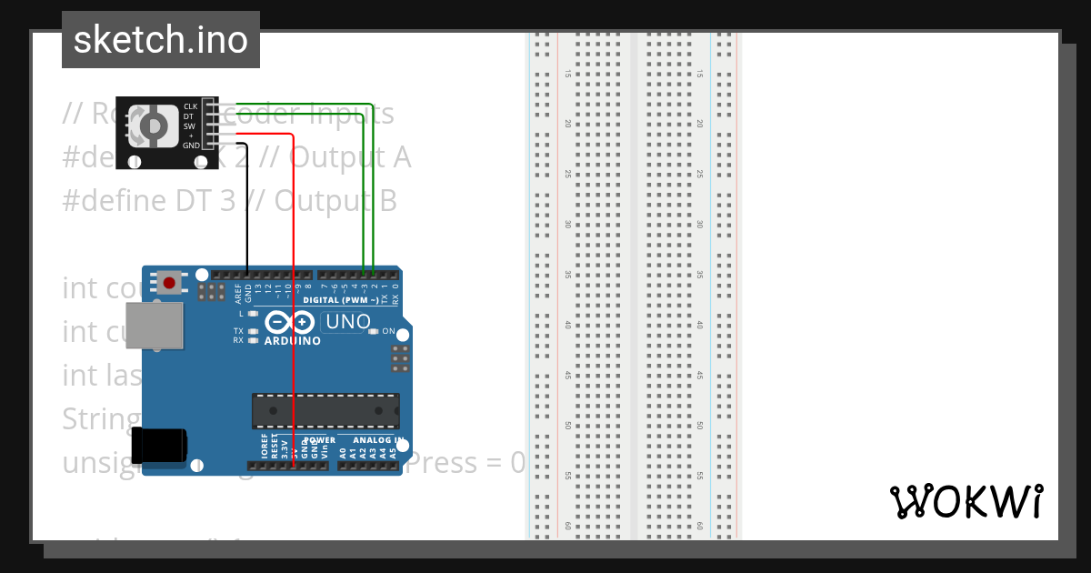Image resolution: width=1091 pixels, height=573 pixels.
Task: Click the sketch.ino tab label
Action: point(160,40)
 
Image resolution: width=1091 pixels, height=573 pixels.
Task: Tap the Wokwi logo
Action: point(966,501)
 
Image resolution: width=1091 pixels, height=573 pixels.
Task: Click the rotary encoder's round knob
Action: point(155,126)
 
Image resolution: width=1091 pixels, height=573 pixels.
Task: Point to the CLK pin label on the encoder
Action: point(190,106)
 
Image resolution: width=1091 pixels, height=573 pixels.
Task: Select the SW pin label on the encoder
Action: point(190,126)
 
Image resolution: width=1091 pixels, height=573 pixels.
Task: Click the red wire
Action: point(293,300)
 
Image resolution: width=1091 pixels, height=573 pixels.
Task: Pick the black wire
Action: point(248,209)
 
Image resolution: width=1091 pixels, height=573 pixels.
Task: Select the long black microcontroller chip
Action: point(325,410)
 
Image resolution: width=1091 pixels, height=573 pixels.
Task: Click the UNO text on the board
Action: point(347,321)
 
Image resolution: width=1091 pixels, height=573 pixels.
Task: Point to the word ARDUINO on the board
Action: point(292,342)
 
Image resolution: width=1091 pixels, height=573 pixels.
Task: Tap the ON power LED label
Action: point(388,331)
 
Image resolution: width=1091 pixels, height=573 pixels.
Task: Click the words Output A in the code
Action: point(350,157)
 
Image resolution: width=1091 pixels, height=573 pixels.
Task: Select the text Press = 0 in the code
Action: point(465,463)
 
